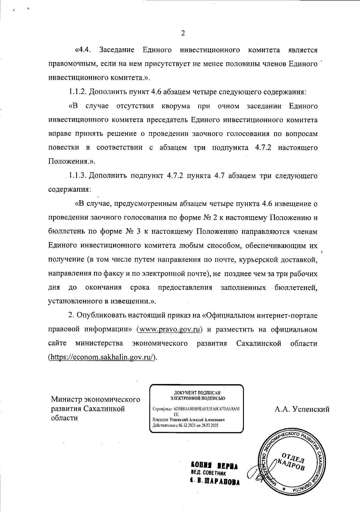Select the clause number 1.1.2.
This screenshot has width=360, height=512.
pyautogui.click(x=78, y=92)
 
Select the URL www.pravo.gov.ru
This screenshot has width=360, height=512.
pyautogui.click(x=169, y=329)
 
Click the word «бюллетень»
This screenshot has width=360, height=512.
pyautogui.click(x=64, y=232)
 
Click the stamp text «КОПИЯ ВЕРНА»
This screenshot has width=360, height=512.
pyautogui.click(x=214, y=466)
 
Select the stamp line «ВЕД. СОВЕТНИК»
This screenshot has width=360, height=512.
pyautogui.click(x=208, y=474)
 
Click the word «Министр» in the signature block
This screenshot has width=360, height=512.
pyautogui.click(x=67, y=400)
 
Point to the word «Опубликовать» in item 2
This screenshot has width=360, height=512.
pyautogui.click(x=101, y=315)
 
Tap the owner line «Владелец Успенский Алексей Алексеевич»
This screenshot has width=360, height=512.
pyautogui.click(x=189, y=420)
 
